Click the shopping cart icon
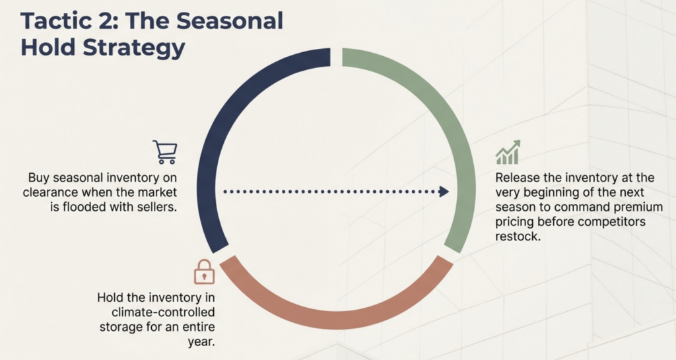(x=165, y=152)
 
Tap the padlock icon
(x=205, y=271)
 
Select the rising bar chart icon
(x=508, y=152)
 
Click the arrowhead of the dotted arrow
(x=444, y=192)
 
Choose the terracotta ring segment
(x=336, y=318)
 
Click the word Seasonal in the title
(x=230, y=20)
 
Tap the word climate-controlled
(x=163, y=312)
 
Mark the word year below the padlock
(x=201, y=342)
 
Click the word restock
(x=518, y=236)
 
